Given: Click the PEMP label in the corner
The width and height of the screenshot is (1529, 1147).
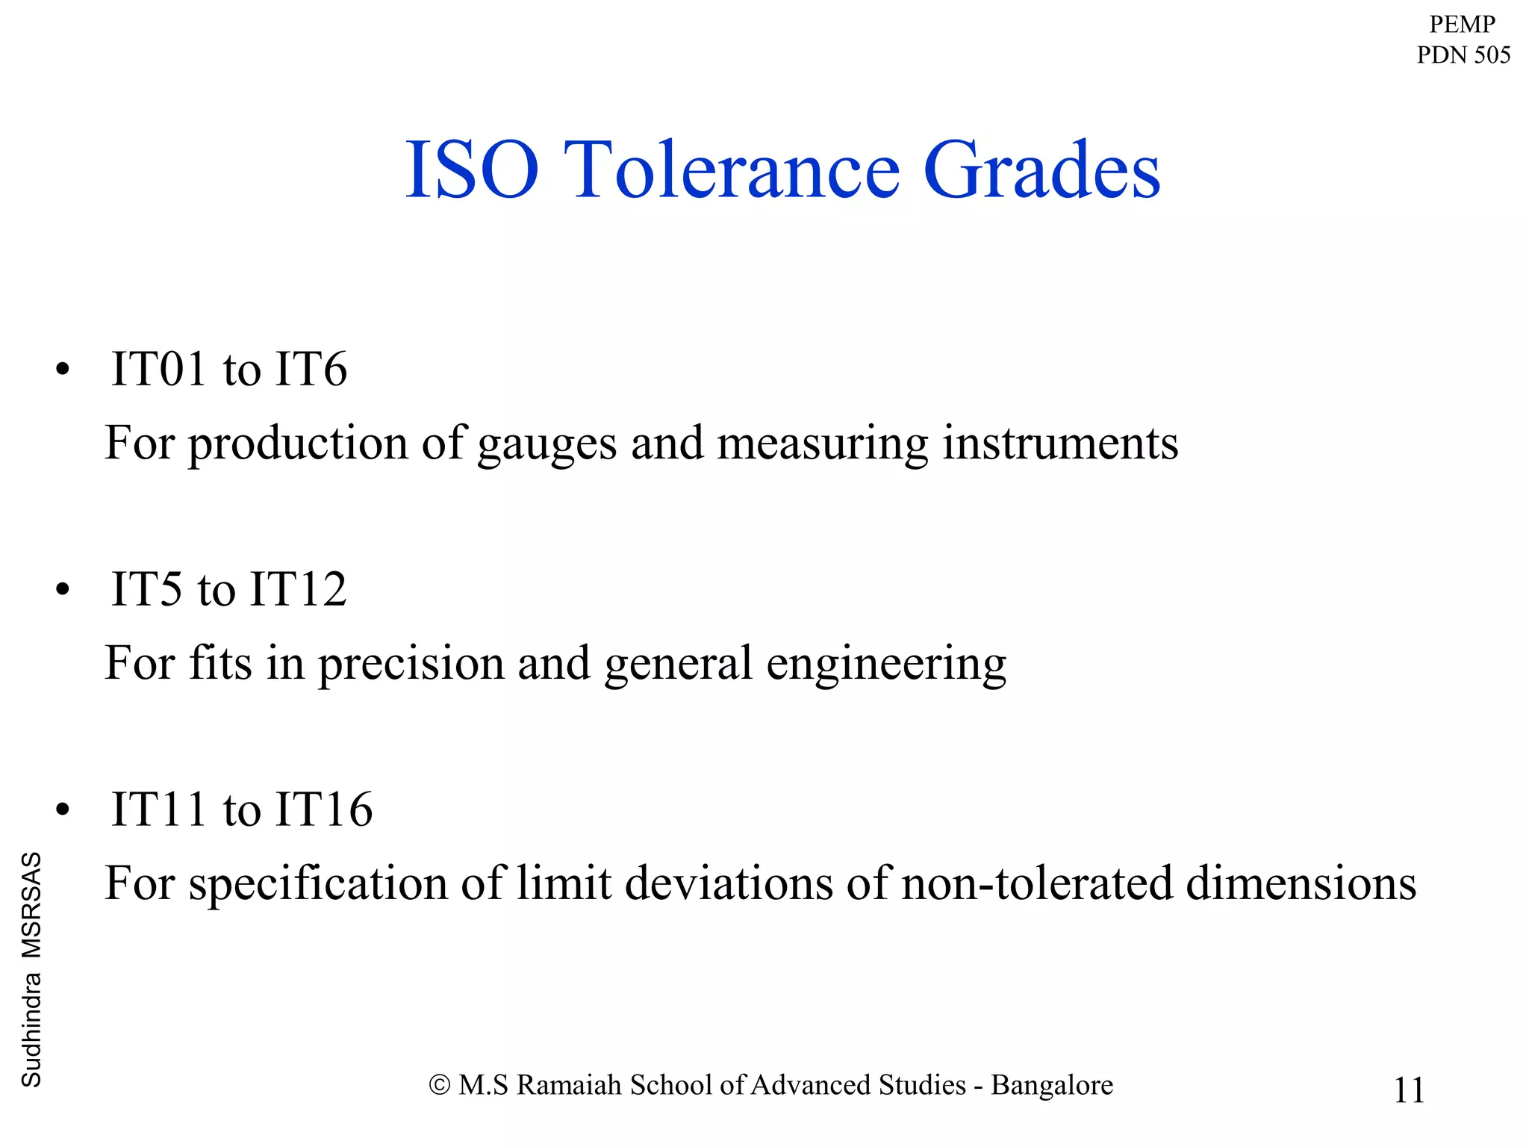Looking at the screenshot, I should [x=1462, y=24].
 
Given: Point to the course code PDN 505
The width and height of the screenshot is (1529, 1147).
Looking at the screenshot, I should [x=1463, y=55].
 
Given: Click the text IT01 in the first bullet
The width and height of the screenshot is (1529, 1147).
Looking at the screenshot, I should [x=158, y=369].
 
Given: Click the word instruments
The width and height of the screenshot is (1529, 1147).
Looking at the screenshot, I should [x=1060, y=443].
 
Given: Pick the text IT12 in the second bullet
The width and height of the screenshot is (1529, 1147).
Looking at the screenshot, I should [x=298, y=589].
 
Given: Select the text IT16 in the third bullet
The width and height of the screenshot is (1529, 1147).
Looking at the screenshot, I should [x=324, y=809].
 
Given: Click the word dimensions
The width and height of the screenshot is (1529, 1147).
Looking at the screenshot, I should [x=1301, y=883].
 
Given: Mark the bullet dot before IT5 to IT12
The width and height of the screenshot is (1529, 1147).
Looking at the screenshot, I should [x=63, y=590].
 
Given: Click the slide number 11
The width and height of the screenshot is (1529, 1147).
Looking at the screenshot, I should [x=1409, y=1090].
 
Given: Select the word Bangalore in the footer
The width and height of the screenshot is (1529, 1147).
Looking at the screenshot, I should [x=1052, y=1085].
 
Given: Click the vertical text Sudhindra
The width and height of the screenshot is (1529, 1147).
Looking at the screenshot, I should [x=31, y=1031].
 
